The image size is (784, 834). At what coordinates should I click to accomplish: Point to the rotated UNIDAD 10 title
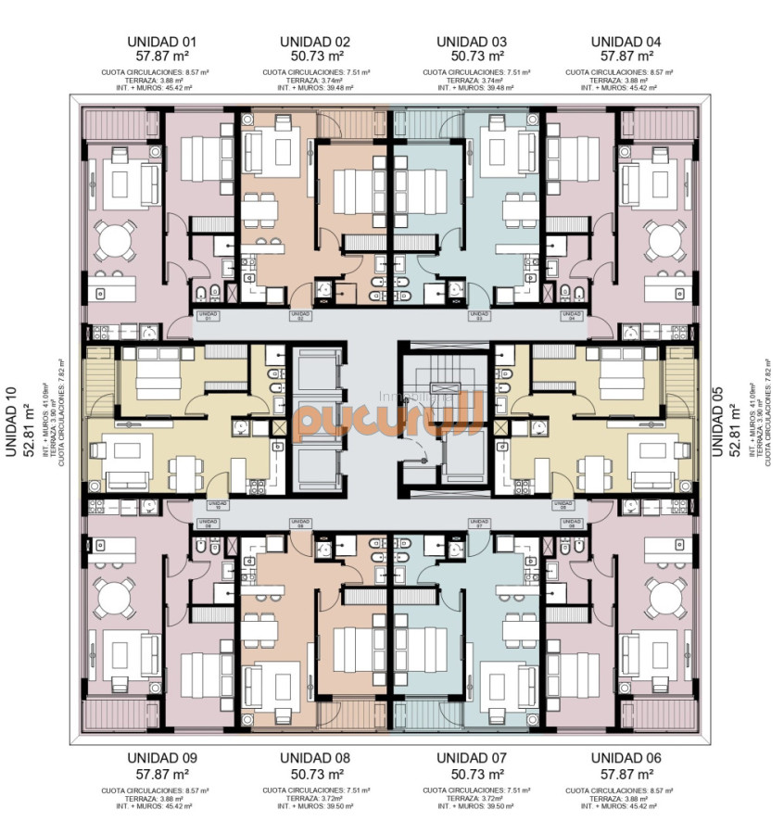[x=11, y=421]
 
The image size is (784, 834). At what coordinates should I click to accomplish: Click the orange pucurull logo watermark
[x=389, y=416]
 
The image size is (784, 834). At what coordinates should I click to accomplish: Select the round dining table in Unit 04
[x=665, y=241]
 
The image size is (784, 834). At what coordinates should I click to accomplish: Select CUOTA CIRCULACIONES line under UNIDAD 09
[x=161, y=790]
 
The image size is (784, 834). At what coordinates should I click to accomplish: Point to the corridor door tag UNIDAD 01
[x=208, y=317]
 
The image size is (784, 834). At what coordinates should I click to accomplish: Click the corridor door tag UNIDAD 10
[x=217, y=506]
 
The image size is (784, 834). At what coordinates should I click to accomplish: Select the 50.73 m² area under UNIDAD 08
[x=315, y=773]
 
